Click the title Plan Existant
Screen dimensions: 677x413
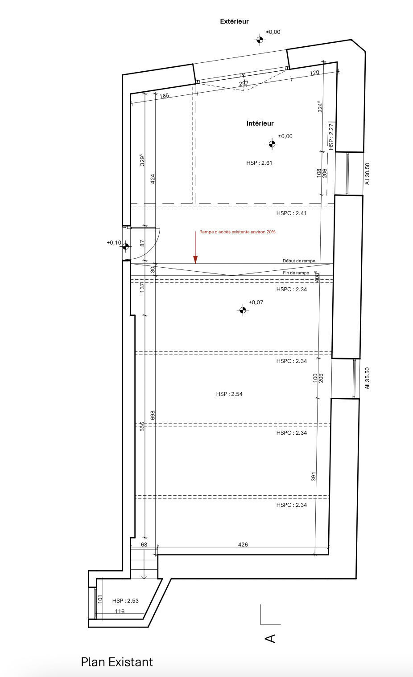pyautogui.click(x=117, y=662)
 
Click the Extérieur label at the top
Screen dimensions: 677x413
pyautogui.click(x=234, y=21)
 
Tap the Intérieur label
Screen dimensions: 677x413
pyautogui.click(x=260, y=123)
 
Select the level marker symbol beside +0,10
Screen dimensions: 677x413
pyautogui.click(x=126, y=246)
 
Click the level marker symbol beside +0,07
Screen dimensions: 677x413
pyautogui.click(x=242, y=310)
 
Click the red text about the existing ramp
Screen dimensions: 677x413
pyautogui.click(x=237, y=232)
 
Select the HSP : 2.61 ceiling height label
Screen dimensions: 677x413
pyautogui.click(x=259, y=163)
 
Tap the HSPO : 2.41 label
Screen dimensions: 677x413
pyautogui.click(x=291, y=213)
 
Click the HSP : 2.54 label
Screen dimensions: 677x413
pyautogui.click(x=229, y=394)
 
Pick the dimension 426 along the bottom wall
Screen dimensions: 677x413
pyautogui.click(x=243, y=544)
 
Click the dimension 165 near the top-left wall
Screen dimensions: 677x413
pyautogui.click(x=164, y=95)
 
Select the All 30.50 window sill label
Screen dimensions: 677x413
pyautogui.click(x=368, y=174)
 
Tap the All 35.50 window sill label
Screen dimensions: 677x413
pyautogui.click(x=368, y=378)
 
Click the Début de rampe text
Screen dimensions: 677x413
pyautogui.click(x=298, y=261)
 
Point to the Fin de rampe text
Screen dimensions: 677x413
pyautogui.click(x=296, y=273)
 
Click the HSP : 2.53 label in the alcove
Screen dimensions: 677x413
pyautogui.click(x=125, y=600)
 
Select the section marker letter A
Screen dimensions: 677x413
pyautogui.click(x=270, y=638)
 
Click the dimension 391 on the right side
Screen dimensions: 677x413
pyautogui.click(x=314, y=476)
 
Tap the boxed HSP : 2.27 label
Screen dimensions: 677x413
pyautogui.click(x=331, y=135)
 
